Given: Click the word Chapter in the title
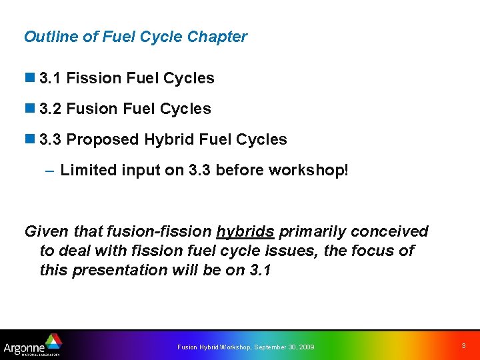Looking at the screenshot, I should [217, 37].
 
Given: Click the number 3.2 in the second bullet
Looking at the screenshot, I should [51, 109].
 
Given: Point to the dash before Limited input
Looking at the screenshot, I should [50, 170].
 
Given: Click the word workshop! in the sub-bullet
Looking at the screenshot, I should [308, 170].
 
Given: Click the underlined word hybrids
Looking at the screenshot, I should [245, 232].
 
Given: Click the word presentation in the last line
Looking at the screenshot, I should [117, 270].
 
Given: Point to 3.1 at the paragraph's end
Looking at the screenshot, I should [258, 270].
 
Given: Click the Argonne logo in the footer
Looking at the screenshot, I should [32, 345].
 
